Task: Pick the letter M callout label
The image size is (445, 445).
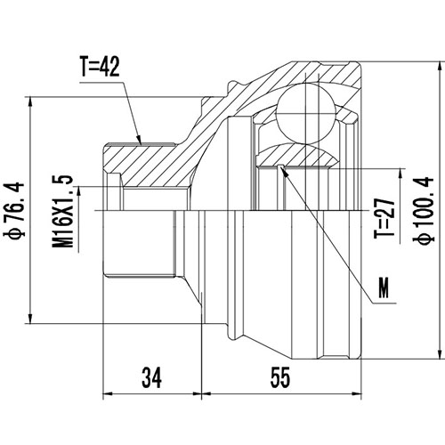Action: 384,288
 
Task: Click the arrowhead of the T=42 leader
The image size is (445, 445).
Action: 141,142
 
